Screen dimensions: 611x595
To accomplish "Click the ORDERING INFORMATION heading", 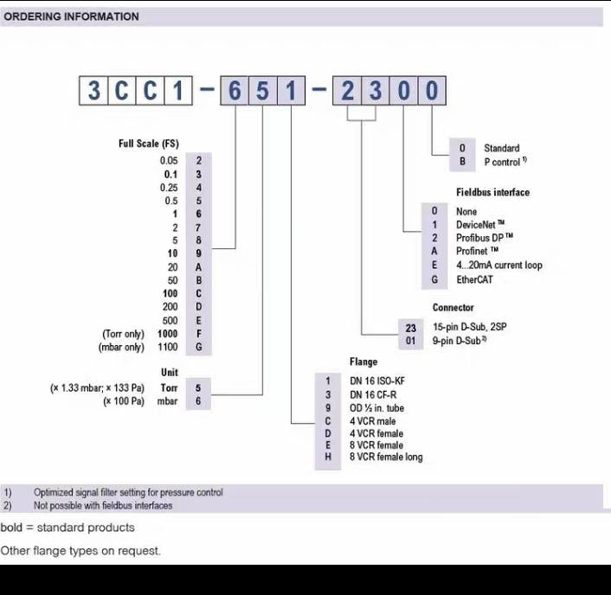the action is (71, 16).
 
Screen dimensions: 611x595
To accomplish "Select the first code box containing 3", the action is (93, 91).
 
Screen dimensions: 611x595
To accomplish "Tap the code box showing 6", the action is (235, 91).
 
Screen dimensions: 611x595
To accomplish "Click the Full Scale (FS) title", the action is (149, 144).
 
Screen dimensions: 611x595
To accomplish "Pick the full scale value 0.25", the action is (169, 188).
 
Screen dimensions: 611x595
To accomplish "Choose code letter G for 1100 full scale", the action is (199, 347).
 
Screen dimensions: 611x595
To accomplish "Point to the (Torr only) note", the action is (123, 334).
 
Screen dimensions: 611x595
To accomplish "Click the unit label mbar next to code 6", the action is (167, 401).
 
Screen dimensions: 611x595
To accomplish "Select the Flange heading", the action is (363, 361).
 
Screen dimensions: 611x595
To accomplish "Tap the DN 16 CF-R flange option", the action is (373, 395).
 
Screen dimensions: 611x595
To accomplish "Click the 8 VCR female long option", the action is (386, 457).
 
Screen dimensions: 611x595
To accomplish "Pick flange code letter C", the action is (328, 421).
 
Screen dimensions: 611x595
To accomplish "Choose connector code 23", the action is (411, 328).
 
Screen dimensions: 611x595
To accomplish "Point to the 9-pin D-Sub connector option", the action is (460, 341).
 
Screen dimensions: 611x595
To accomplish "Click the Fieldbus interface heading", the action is (493, 192).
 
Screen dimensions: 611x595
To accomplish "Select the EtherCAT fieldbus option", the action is (474, 279).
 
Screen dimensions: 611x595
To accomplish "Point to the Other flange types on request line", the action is (80, 551).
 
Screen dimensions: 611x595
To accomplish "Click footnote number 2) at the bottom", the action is (8, 505).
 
